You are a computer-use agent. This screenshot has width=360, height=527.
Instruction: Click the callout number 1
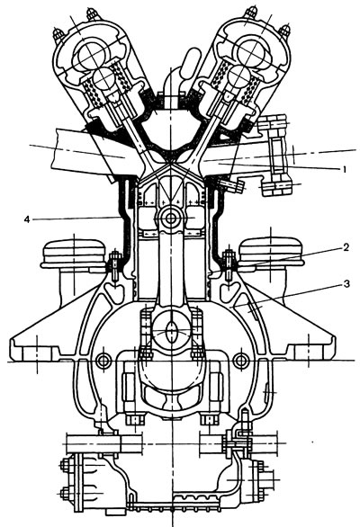[x=344, y=169]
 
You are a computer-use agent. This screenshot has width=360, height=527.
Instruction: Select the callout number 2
[x=346, y=247]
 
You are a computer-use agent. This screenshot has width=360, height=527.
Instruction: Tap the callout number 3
[x=346, y=284]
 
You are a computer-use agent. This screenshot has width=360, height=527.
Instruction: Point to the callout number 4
[x=27, y=219]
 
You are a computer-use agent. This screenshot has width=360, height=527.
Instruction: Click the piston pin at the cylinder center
[x=171, y=219]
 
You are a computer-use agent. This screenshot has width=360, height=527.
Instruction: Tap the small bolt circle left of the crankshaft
[x=103, y=361]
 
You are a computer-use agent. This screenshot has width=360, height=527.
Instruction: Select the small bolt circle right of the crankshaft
[x=240, y=361]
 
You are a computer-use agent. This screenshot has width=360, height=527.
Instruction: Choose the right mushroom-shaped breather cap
[x=271, y=255]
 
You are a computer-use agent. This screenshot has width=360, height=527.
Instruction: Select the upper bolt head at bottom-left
[x=66, y=466]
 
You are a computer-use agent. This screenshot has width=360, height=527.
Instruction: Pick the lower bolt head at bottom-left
[x=66, y=494]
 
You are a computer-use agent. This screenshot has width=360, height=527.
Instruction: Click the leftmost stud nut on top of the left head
[x=58, y=35]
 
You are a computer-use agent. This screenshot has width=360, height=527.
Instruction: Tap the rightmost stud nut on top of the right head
[x=285, y=31]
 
